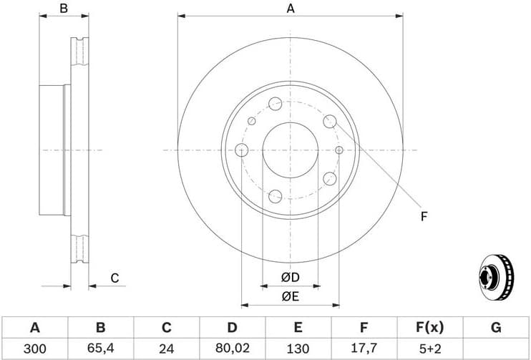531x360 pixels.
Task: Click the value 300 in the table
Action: (x=34, y=349)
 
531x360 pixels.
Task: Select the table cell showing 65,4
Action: (x=100, y=349)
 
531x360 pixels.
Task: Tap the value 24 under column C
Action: (x=166, y=349)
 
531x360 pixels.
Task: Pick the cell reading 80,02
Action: (x=232, y=349)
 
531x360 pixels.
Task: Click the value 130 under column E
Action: (x=298, y=349)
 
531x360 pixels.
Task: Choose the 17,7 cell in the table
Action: (x=364, y=349)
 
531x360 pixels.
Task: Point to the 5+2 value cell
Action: (x=429, y=349)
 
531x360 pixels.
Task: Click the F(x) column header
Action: (x=429, y=328)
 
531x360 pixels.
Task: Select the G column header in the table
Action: (x=495, y=328)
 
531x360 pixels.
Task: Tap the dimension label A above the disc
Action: (x=290, y=9)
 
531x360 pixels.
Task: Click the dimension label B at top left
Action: (x=63, y=9)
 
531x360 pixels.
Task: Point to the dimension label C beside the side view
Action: (x=114, y=278)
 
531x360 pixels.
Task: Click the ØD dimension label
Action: (x=290, y=277)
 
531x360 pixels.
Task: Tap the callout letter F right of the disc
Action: (x=424, y=215)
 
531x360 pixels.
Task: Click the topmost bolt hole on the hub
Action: (x=276, y=104)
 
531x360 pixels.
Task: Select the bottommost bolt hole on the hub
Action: (x=276, y=195)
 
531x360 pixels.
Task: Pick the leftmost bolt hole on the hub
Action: (x=241, y=150)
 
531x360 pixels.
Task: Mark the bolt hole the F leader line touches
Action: (x=330, y=122)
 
